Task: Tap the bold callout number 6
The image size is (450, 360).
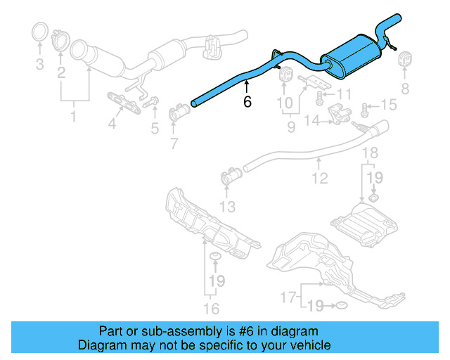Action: pyautogui.click(x=247, y=101)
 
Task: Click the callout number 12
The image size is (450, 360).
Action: pyautogui.click(x=320, y=179)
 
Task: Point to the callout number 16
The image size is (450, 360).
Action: pyautogui.click(x=211, y=308)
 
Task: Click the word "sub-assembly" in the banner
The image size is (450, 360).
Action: pyautogui.click(x=176, y=331)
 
